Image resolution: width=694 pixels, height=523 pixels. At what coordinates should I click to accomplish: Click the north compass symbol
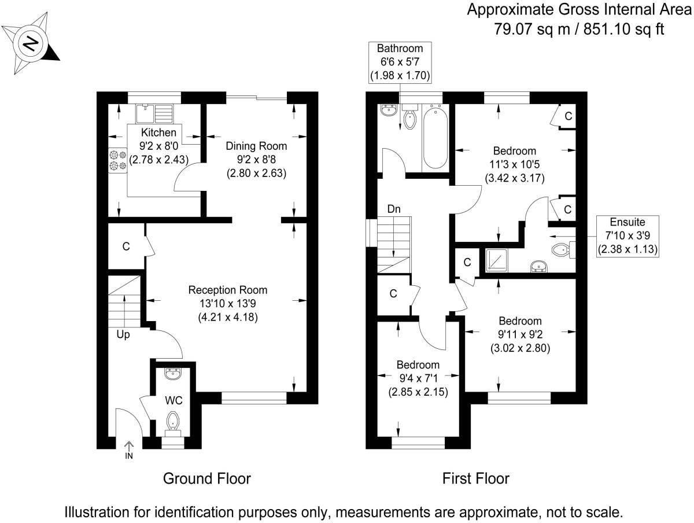32,43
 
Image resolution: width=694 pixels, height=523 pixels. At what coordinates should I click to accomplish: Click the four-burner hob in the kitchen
118,160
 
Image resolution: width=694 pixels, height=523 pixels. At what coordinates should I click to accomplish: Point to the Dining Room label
256,146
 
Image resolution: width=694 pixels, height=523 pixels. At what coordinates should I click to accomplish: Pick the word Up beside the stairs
123,334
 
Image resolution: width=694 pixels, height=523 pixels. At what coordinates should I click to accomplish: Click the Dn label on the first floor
394,209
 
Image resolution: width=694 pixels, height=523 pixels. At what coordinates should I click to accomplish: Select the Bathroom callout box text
400,62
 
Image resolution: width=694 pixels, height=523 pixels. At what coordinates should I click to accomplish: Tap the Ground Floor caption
207,479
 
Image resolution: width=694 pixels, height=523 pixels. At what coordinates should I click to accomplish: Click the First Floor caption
475,479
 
